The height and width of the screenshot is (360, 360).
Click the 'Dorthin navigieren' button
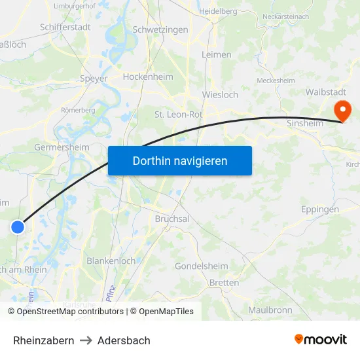(x=180, y=160)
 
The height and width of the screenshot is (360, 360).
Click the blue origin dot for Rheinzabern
(x=18, y=227)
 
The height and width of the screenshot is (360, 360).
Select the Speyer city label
(x=93, y=79)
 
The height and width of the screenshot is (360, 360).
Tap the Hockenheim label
(x=149, y=77)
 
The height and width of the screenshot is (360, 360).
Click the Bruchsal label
(x=172, y=219)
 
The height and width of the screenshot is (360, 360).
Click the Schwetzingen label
(x=160, y=29)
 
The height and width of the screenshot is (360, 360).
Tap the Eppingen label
(x=320, y=209)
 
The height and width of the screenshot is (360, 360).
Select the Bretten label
(x=224, y=282)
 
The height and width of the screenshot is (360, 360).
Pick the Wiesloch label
(x=221, y=94)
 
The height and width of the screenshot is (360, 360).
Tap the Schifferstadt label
(x=65, y=27)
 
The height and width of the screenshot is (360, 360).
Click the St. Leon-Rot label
(x=178, y=114)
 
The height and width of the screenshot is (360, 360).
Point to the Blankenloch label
(x=111, y=261)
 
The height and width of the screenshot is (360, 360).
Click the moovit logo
(x=320, y=340)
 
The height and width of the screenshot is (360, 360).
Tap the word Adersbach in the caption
(x=124, y=340)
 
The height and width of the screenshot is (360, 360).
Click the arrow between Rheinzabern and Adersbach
(x=86, y=340)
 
